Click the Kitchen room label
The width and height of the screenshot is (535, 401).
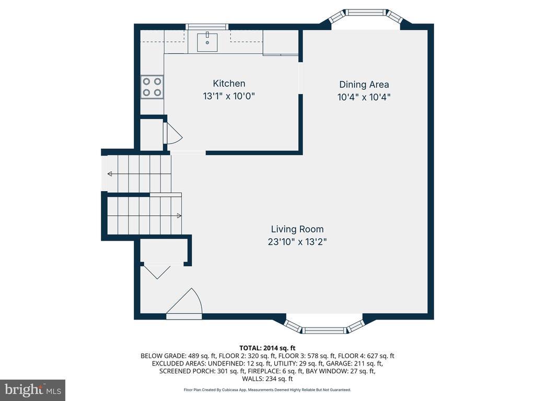pos(229,84)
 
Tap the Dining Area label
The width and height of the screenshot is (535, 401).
pos(364,85)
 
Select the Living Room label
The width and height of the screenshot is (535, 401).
pos(297,229)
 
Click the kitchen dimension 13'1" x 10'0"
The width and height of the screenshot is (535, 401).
pos(229,96)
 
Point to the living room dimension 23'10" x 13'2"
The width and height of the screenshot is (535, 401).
pos(297,242)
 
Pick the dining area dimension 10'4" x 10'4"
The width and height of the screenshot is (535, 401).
pos(364,97)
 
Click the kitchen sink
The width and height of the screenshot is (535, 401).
pos(207,42)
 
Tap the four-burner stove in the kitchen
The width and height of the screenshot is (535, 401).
pos(152,87)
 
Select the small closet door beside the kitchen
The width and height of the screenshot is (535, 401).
pos(173,133)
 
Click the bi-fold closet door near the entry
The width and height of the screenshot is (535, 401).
pos(157,272)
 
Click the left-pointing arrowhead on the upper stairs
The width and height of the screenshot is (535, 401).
pos(110,174)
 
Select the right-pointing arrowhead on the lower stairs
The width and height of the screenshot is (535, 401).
pos(179,216)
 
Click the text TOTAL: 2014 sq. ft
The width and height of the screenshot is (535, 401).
pos(267,348)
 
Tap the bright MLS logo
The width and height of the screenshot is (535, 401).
pos(33,390)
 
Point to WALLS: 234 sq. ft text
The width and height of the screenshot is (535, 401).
pos(267,379)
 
